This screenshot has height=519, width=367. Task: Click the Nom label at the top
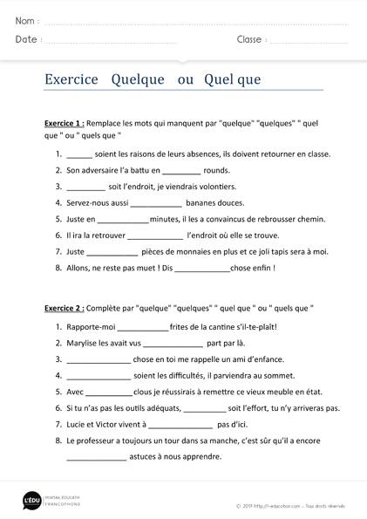pyautogui.click(x=24, y=20)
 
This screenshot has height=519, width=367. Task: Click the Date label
pyautogui.click(x=26, y=39)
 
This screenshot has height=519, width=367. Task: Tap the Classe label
pyautogui.click(x=250, y=39)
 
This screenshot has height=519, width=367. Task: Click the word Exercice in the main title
pyautogui.click(x=71, y=79)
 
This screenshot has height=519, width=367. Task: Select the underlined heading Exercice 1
pyautogui.click(x=64, y=124)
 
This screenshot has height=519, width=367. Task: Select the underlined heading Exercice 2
pyautogui.click(x=64, y=309)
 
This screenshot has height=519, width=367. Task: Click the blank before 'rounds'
pyautogui.click(x=181, y=171)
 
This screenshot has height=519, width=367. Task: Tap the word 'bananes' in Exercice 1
pyautogui.click(x=203, y=203)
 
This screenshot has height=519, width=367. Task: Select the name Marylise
pyautogui.click(x=88, y=343)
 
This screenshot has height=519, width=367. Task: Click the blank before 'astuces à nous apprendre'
pyautogui.click(x=96, y=457)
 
